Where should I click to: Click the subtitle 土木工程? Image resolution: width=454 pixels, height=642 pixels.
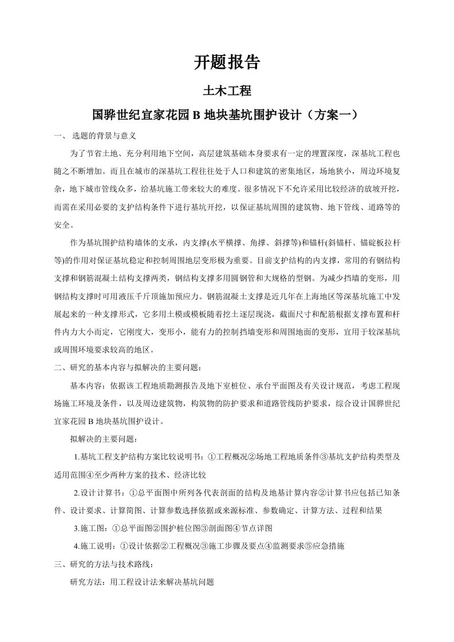[227, 90]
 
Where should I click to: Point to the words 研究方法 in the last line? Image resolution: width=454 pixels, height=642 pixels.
[84, 582]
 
